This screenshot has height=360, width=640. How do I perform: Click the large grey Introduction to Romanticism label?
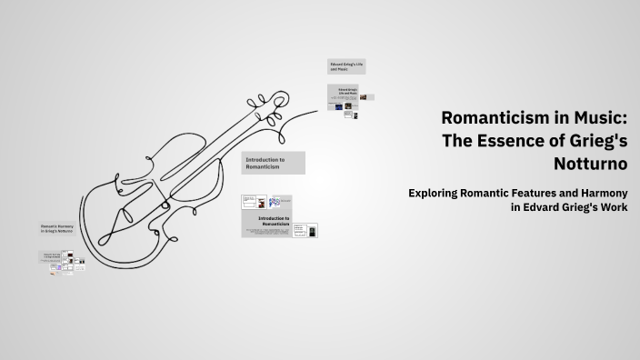(273, 163)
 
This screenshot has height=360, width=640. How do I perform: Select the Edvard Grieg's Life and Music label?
(346, 66)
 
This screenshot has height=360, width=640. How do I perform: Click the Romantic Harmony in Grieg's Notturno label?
(59, 229)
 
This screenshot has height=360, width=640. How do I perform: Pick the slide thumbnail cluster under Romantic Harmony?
(62, 262)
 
